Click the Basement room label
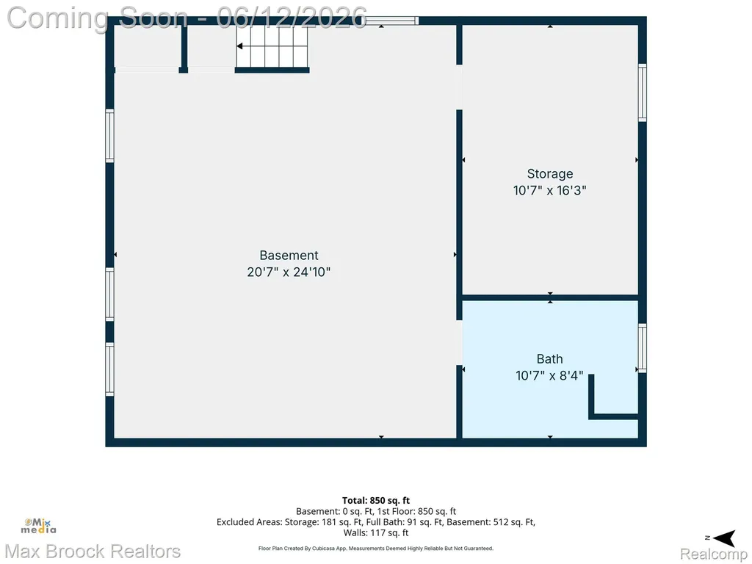[289, 255]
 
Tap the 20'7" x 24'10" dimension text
[289, 272]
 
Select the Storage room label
[549, 173]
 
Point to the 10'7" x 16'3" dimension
[549, 190]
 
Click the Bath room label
[549, 358]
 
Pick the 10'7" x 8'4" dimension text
[549, 375]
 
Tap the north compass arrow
[724, 538]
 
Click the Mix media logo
[38, 526]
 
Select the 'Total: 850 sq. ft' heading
[376, 501]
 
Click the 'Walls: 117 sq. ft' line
[376, 532]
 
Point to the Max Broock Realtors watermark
[93, 552]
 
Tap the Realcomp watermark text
[714, 554]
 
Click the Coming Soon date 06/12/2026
[292, 18]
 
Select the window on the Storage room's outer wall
[642, 93]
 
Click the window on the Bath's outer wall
[642, 347]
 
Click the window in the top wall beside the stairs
[392, 21]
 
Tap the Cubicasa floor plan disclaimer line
[376, 548]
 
